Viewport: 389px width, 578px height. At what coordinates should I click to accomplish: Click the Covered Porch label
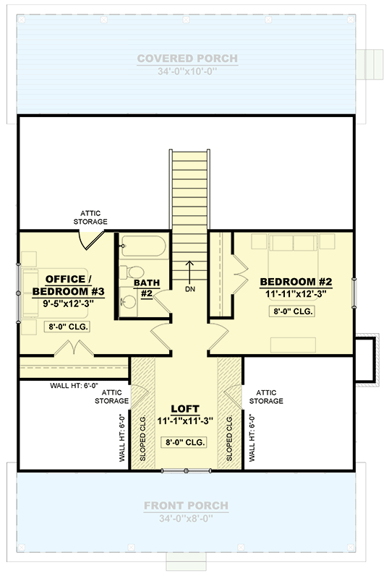coord(187,59)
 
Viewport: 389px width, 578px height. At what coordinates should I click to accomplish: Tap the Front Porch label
coord(186,505)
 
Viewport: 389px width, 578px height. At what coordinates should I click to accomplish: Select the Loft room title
coord(185,409)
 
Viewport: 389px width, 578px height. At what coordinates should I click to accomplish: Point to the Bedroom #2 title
coord(296,282)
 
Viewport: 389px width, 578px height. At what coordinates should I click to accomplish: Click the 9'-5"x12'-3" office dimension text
coord(68,303)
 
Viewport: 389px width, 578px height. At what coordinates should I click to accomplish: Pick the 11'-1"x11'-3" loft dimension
coord(185,421)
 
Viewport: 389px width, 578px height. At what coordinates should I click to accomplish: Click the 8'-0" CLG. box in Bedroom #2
coord(293,311)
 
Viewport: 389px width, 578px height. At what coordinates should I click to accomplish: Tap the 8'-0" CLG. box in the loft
coord(184,442)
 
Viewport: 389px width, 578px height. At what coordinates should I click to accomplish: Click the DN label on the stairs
coord(190,290)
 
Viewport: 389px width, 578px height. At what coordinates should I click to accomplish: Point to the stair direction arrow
coord(189,272)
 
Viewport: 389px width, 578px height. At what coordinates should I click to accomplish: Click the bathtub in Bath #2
coord(144,246)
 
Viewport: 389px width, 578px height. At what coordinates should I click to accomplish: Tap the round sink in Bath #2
coord(129,302)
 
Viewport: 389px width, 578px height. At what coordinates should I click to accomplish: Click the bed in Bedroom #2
coord(294,257)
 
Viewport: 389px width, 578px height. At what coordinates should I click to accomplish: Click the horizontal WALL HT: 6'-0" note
coord(74,386)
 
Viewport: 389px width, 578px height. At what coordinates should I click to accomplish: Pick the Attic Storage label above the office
coord(90,217)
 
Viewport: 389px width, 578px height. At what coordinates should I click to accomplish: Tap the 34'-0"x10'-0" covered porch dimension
coord(187,71)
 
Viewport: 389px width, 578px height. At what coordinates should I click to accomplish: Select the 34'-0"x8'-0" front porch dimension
coord(186,519)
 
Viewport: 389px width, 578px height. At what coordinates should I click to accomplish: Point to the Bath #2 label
coord(147,288)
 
